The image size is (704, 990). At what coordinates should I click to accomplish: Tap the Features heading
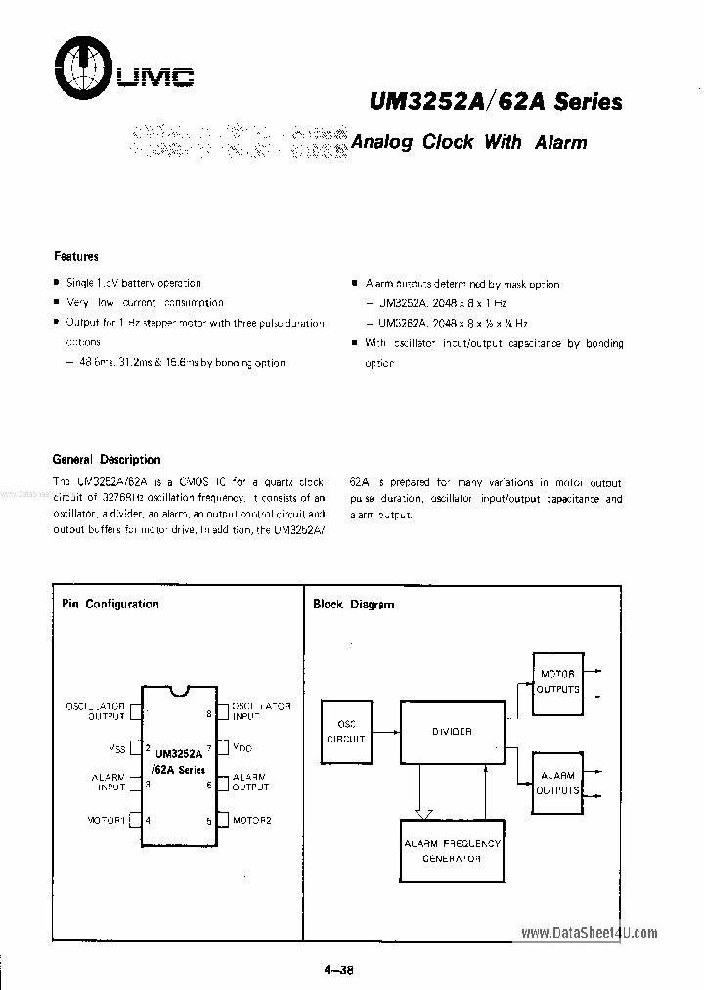point(75,256)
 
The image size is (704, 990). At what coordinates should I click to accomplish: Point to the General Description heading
point(106,459)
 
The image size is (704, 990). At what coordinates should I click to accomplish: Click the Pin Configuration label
point(110,604)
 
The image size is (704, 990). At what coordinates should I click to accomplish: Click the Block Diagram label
point(353,604)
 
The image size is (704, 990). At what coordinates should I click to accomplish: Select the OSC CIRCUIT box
point(345,732)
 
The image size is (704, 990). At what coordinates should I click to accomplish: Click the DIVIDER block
point(451,732)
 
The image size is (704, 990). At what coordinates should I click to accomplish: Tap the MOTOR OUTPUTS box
point(557,681)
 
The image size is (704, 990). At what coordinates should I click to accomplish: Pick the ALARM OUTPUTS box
point(557,783)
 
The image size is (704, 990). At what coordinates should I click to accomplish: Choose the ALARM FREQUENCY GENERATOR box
point(451,850)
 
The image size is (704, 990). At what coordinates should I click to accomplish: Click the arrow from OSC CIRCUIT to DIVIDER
point(383,732)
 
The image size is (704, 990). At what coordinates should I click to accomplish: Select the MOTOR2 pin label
point(252,820)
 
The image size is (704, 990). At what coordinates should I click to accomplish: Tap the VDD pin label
point(242,748)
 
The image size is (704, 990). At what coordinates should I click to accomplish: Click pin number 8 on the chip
point(209,714)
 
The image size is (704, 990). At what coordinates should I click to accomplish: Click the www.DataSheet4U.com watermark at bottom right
point(591,933)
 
